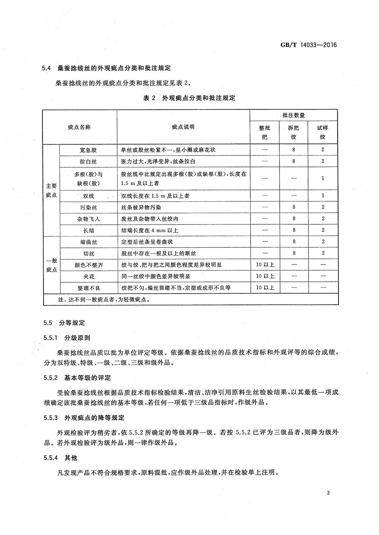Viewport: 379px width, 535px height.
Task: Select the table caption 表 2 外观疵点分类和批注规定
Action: tap(189, 98)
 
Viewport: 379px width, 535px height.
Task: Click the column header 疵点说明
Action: tap(183, 127)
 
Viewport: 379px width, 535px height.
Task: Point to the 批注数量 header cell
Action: tap(293, 115)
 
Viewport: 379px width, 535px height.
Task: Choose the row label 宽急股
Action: tap(88, 150)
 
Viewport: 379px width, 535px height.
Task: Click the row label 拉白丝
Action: tap(88, 162)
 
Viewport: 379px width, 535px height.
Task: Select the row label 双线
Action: tap(88, 196)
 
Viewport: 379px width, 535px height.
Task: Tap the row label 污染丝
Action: tap(88, 207)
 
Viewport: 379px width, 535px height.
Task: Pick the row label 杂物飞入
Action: tap(88, 219)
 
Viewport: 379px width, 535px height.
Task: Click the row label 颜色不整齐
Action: tap(88, 265)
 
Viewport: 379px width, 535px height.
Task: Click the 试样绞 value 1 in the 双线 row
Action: tap(323, 196)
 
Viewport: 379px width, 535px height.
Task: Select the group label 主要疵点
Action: tap(51, 190)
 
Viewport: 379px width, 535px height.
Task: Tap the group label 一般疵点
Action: tap(51, 265)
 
